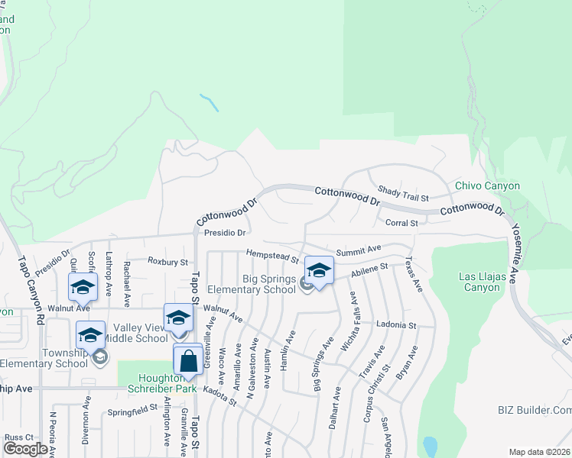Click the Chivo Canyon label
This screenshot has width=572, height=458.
[x=487, y=185]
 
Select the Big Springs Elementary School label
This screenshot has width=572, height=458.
[x=268, y=284]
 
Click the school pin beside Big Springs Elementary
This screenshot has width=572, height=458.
[x=319, y=270]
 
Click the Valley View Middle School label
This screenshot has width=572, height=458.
[x=135, y=338]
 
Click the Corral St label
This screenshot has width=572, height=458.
[x=402, y=223]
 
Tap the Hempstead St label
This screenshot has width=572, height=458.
[x=271, y=253]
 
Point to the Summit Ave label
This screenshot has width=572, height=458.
[x=358, y=250]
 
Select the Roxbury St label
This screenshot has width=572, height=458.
[x=167, y=262]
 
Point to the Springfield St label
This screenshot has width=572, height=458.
[x=132, y=408]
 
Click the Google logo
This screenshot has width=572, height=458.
[x=25, y=449]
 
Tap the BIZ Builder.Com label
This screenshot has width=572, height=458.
[x=529, y=410]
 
